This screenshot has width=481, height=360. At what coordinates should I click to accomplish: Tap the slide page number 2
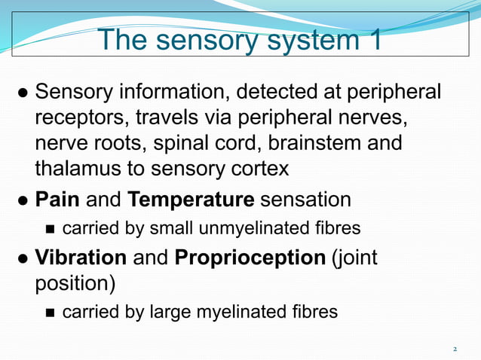coord(455,349)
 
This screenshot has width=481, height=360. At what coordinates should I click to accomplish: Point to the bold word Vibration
coord(81,257)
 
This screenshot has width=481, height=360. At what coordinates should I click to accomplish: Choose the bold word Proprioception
coord(250,258)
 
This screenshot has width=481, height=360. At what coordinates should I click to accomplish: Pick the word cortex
coord(262,169)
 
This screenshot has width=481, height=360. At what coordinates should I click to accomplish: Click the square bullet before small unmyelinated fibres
coord(50,228)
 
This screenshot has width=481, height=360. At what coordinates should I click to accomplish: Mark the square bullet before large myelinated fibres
coord(50,312)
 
